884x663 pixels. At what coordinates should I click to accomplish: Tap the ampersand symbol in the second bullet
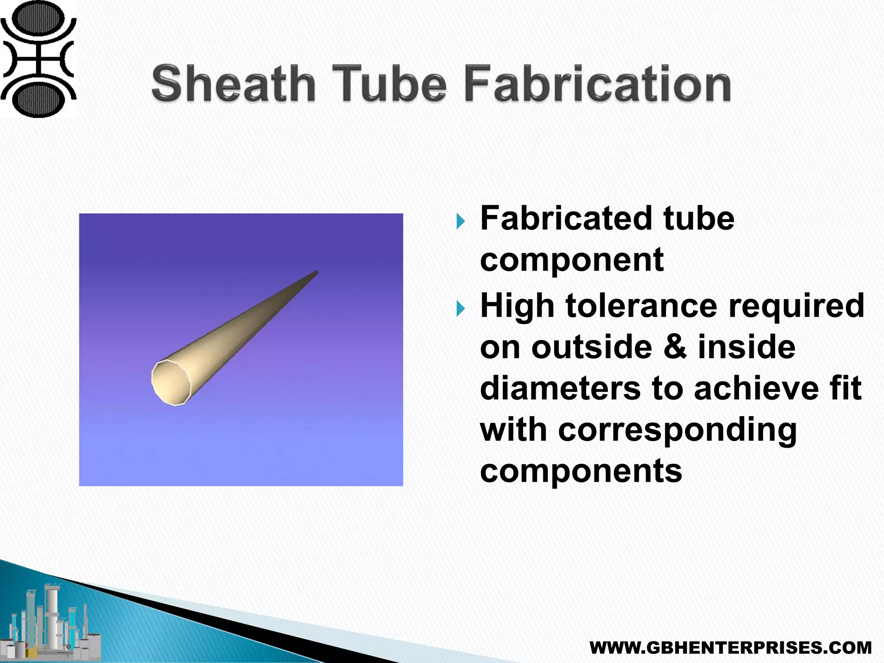[675, 347]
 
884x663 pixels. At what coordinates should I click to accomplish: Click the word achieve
[756, 388]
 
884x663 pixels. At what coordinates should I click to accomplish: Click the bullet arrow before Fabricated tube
[461, 221]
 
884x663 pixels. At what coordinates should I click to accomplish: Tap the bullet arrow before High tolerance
[461, 308]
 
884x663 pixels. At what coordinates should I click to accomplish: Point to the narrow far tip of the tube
[316, 272]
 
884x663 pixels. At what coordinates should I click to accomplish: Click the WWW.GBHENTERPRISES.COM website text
[730, 647]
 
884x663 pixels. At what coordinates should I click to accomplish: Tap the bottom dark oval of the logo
[38, 99]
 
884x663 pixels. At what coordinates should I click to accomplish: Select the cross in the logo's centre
[38, 59]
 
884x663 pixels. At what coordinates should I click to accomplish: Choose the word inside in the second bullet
[746, 347]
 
